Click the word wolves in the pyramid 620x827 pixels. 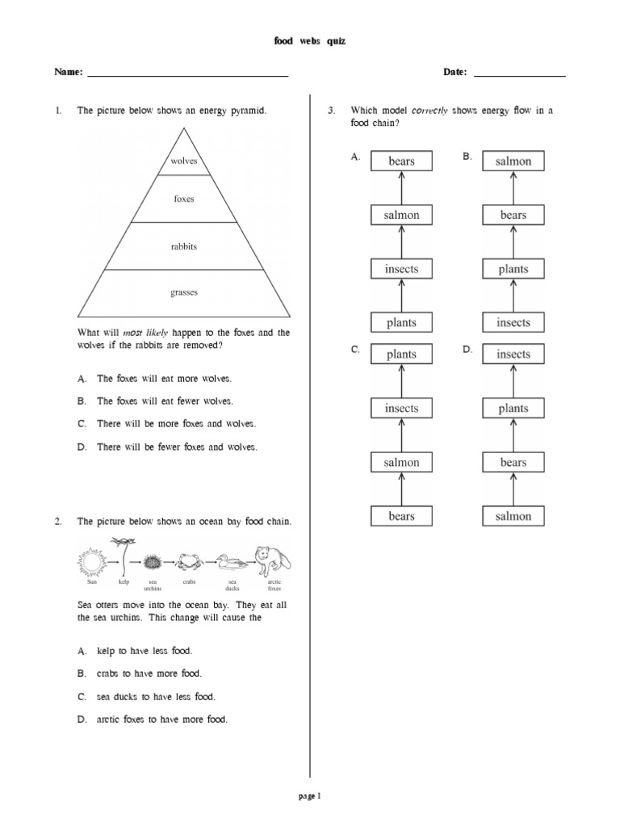(x=184, y=162)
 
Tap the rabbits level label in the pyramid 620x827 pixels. (x=184, y=246)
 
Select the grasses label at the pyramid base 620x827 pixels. (x=184, y=292)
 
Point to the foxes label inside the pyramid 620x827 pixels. (x=184, y=199)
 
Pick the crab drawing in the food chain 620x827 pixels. (x=189, y=560)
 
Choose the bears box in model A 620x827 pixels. (x=401, y=162)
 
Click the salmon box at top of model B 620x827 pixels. (x=513, y=162)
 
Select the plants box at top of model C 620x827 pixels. (x=401, y=355)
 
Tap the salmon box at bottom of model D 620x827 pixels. (x=513, y=516)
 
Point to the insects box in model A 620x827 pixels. (x=401, y=269)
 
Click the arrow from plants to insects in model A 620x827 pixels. (x=401, y=296)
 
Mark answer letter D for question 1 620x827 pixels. (x=82, y=447)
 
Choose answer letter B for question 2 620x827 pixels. (x=82, y=674)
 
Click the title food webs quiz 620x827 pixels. (x=310, y=41)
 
